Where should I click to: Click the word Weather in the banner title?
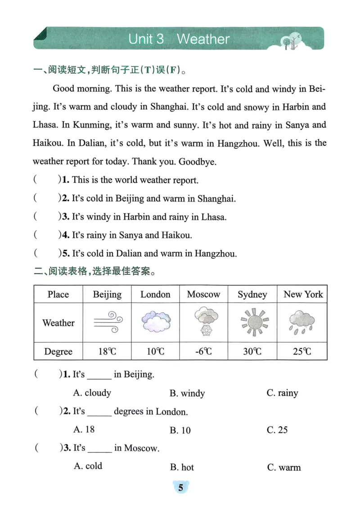(203, 39)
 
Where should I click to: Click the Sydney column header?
(252, 295)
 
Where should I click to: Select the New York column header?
(303, 295)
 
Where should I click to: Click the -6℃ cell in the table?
(203, 351)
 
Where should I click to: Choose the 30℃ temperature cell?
(252, 351)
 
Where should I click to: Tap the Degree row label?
(58, 351)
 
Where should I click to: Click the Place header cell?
(58, 295)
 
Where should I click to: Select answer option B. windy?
(187, 393)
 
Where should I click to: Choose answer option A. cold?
(88, 466)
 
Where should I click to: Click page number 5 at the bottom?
(180, 488)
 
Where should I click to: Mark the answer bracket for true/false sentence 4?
(46, 235)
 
